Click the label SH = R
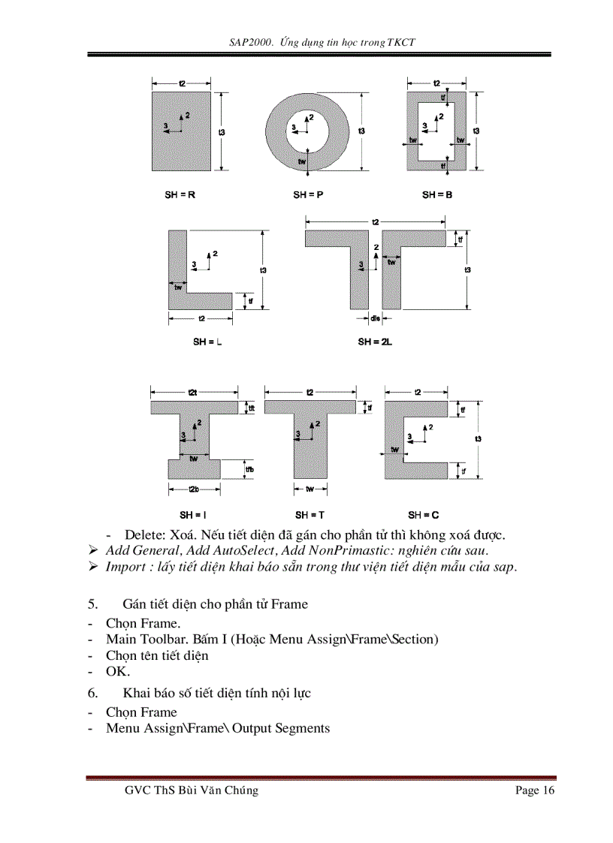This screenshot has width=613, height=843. click(x=180, y=194)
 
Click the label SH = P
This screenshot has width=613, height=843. click(x=308, y=194)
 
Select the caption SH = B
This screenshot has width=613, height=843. click(x=436, y=194)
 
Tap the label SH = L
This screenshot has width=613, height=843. click(x=208, y=342)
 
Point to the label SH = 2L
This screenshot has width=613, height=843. click(x=376, y=342)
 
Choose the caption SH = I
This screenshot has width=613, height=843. click(x=188, y=515)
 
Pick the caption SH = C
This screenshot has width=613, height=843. click(x=424, y=515)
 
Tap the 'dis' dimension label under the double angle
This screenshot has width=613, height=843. click(x=376, y=319)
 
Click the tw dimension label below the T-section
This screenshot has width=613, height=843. click(x=310, y=489)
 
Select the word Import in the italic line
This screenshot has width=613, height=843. click(x=125, y=566)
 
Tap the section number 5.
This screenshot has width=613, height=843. click(x=92, y=604)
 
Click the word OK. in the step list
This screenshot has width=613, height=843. click(x=118, y=671)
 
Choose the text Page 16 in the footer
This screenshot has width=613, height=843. click(x=535, y=790)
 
